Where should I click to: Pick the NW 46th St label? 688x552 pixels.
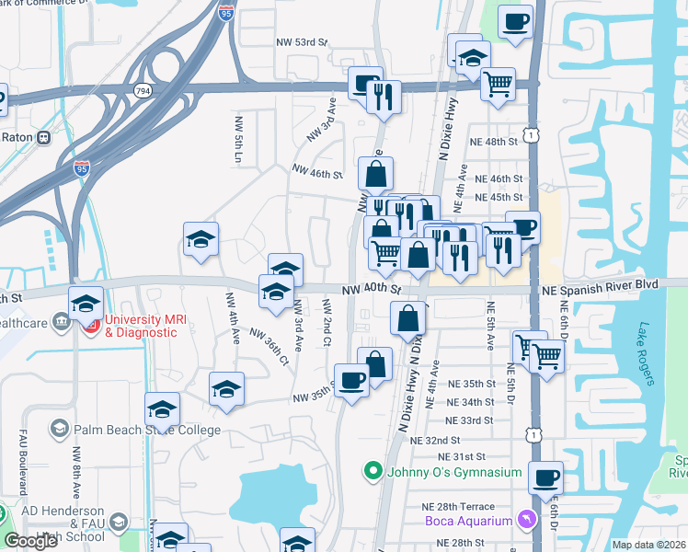pos(317,171)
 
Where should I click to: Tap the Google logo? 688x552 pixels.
pos(31,541)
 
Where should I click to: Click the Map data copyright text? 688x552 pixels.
pos(648,545)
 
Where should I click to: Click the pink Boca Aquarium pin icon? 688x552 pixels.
pos(525,522)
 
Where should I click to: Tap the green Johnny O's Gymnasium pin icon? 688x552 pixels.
pos(373,473)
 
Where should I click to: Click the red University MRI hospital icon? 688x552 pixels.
pos(91,326)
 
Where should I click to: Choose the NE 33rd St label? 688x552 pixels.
pos(471,420)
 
